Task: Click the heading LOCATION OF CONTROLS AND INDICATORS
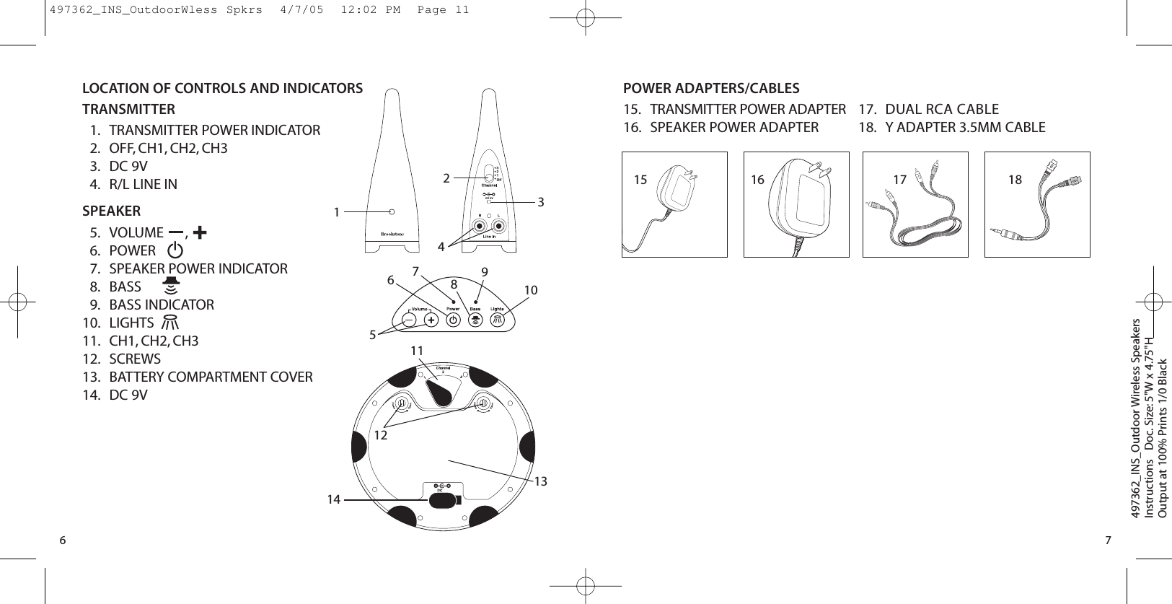point(222,88)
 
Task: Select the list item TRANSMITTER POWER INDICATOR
point(214,130)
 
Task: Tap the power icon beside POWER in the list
point(175,251)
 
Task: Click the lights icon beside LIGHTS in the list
point(170,323)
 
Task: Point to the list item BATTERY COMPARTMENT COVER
point(211,377)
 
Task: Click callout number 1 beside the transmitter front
point(336,212)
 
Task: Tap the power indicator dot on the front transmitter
point(392,211)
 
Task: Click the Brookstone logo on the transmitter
point(392,234)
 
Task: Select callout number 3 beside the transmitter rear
point(541,203)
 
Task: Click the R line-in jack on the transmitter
point(479,227)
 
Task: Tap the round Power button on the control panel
point(453,319)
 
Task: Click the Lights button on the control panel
point(498,319)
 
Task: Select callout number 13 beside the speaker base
point(541,481)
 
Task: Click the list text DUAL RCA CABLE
point(941,109)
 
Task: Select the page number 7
point(1108,540)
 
